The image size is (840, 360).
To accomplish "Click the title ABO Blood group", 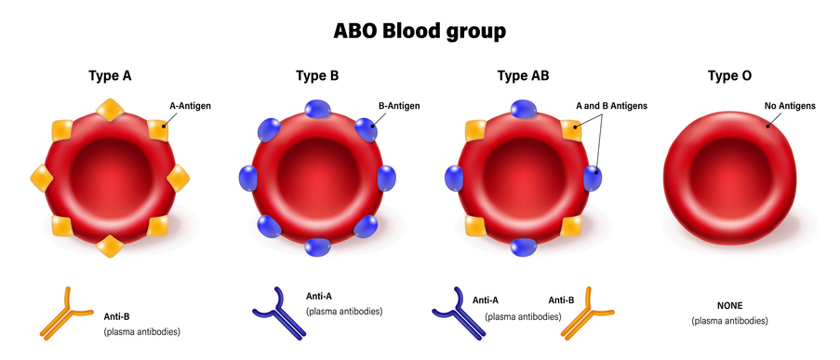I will point(420,31).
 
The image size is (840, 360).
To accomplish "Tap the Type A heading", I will point(109,76).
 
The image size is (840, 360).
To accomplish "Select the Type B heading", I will point(316,76).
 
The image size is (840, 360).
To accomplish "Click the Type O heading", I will point(729,76).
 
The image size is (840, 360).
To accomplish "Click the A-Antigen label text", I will point(190,106).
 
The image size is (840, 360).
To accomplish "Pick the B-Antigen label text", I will point(399,106).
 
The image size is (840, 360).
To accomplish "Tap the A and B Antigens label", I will point(610,106).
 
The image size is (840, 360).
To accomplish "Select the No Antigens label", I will point(790,106).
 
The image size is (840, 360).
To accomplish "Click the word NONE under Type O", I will point(729,305).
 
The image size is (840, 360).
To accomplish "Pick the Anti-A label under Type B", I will point(319,297).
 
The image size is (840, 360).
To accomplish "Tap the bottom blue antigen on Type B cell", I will point(318,247).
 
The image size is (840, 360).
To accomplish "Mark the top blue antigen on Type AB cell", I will point(524,109).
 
